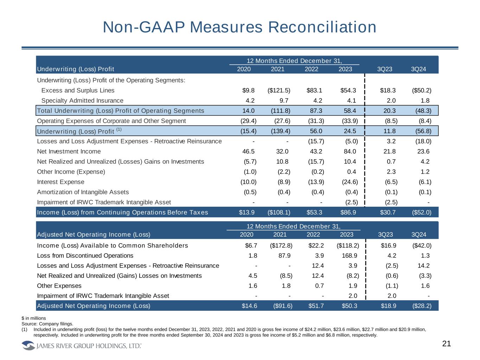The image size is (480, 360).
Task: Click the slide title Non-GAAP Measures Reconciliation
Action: (x=239, y=27)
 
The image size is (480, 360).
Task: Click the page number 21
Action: (x=446, y=344)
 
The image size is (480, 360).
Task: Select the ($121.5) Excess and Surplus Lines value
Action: (x=279, y=90)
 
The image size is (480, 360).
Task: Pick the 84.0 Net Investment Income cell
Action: (x=350, y=152)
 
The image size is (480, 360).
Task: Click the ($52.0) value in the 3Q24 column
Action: (x=422, y=212)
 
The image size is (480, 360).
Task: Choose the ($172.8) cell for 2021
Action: (x=281, y=245)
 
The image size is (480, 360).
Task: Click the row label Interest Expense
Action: (x=61, y=182)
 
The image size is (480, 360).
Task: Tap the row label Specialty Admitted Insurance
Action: (x=82, y=101)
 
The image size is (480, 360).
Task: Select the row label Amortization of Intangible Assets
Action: (x=83, y=192)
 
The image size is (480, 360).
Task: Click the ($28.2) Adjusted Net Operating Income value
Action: (x=422, y=306)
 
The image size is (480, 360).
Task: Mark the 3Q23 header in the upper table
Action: (x=384, y=69)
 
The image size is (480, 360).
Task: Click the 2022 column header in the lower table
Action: (x=313, y=234)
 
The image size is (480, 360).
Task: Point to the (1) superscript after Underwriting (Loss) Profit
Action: (x=119, y=129)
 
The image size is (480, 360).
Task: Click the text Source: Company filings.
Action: (x=47, y=323)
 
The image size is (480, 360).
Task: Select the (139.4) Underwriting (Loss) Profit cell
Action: (x=281, y=131)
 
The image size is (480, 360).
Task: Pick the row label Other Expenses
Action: (x=59, y=286)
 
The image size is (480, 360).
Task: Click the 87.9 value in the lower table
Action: (x=285, y=256)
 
